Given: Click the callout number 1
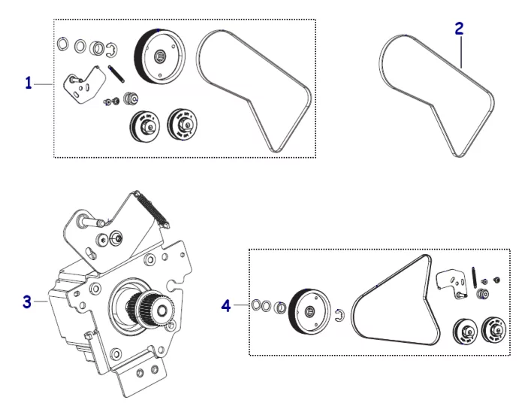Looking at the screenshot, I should [29, 83].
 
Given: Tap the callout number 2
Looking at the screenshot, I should [460, 29].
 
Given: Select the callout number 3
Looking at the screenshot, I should [27, 302].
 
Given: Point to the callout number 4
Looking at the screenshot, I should [225, 305].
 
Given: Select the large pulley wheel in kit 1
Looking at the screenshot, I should [159, 57].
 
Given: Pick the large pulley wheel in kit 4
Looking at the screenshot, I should [309, 310].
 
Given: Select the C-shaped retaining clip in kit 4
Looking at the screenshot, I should [339, 315].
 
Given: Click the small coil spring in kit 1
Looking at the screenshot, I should [115, 76].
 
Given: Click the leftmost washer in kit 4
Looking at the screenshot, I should [255, 304].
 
